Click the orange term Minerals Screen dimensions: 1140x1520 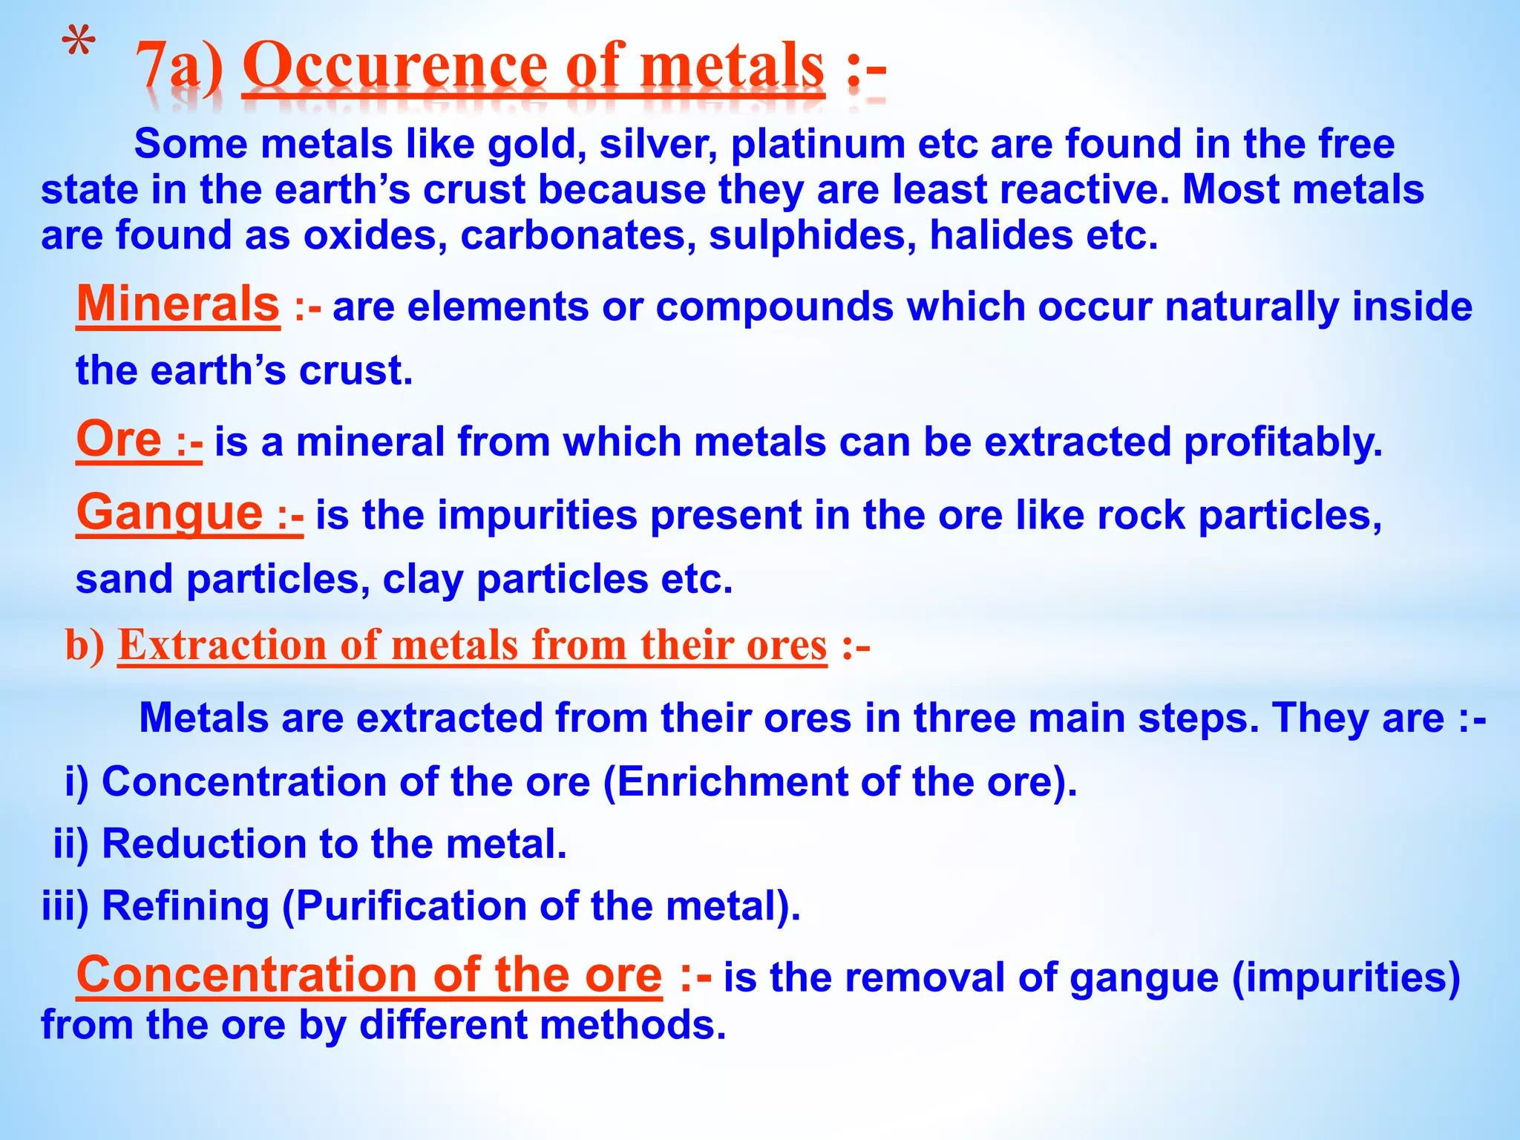click(x=178, y=304)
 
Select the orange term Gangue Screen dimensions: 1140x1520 click(x=170, y=512)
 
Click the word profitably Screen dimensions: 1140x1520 click(x=1283, y=442)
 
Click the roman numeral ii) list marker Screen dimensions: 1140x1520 click(x=71, y=844)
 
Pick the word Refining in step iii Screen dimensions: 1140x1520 click(x=186, y=906)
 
